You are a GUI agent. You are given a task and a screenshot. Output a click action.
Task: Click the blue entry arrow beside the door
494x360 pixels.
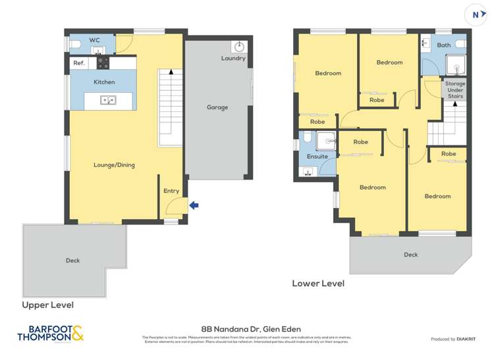194,205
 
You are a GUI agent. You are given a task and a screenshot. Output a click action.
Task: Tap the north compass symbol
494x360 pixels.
476,14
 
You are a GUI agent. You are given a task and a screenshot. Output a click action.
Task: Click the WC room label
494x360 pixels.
95,40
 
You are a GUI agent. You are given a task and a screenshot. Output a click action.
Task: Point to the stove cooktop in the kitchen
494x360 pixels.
103,63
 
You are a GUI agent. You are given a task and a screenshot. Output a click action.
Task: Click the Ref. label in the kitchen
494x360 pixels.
79,63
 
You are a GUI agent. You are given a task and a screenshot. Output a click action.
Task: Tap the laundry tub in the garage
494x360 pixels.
238,47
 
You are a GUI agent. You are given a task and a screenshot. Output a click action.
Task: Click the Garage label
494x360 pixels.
217,107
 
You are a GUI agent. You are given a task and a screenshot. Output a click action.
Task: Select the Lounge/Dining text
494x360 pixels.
114,165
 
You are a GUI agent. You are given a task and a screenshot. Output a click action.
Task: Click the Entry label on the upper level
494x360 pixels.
171,191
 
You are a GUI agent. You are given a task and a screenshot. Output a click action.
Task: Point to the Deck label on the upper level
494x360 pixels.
72,261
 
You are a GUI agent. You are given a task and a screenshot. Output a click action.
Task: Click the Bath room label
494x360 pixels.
444,45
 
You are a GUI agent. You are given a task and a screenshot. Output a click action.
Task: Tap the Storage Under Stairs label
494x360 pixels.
455,90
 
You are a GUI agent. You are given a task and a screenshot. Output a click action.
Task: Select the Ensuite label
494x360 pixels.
317,157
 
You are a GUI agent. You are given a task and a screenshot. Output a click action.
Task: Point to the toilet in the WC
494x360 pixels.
74,44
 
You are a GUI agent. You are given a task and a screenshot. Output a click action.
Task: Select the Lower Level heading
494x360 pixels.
318,284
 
